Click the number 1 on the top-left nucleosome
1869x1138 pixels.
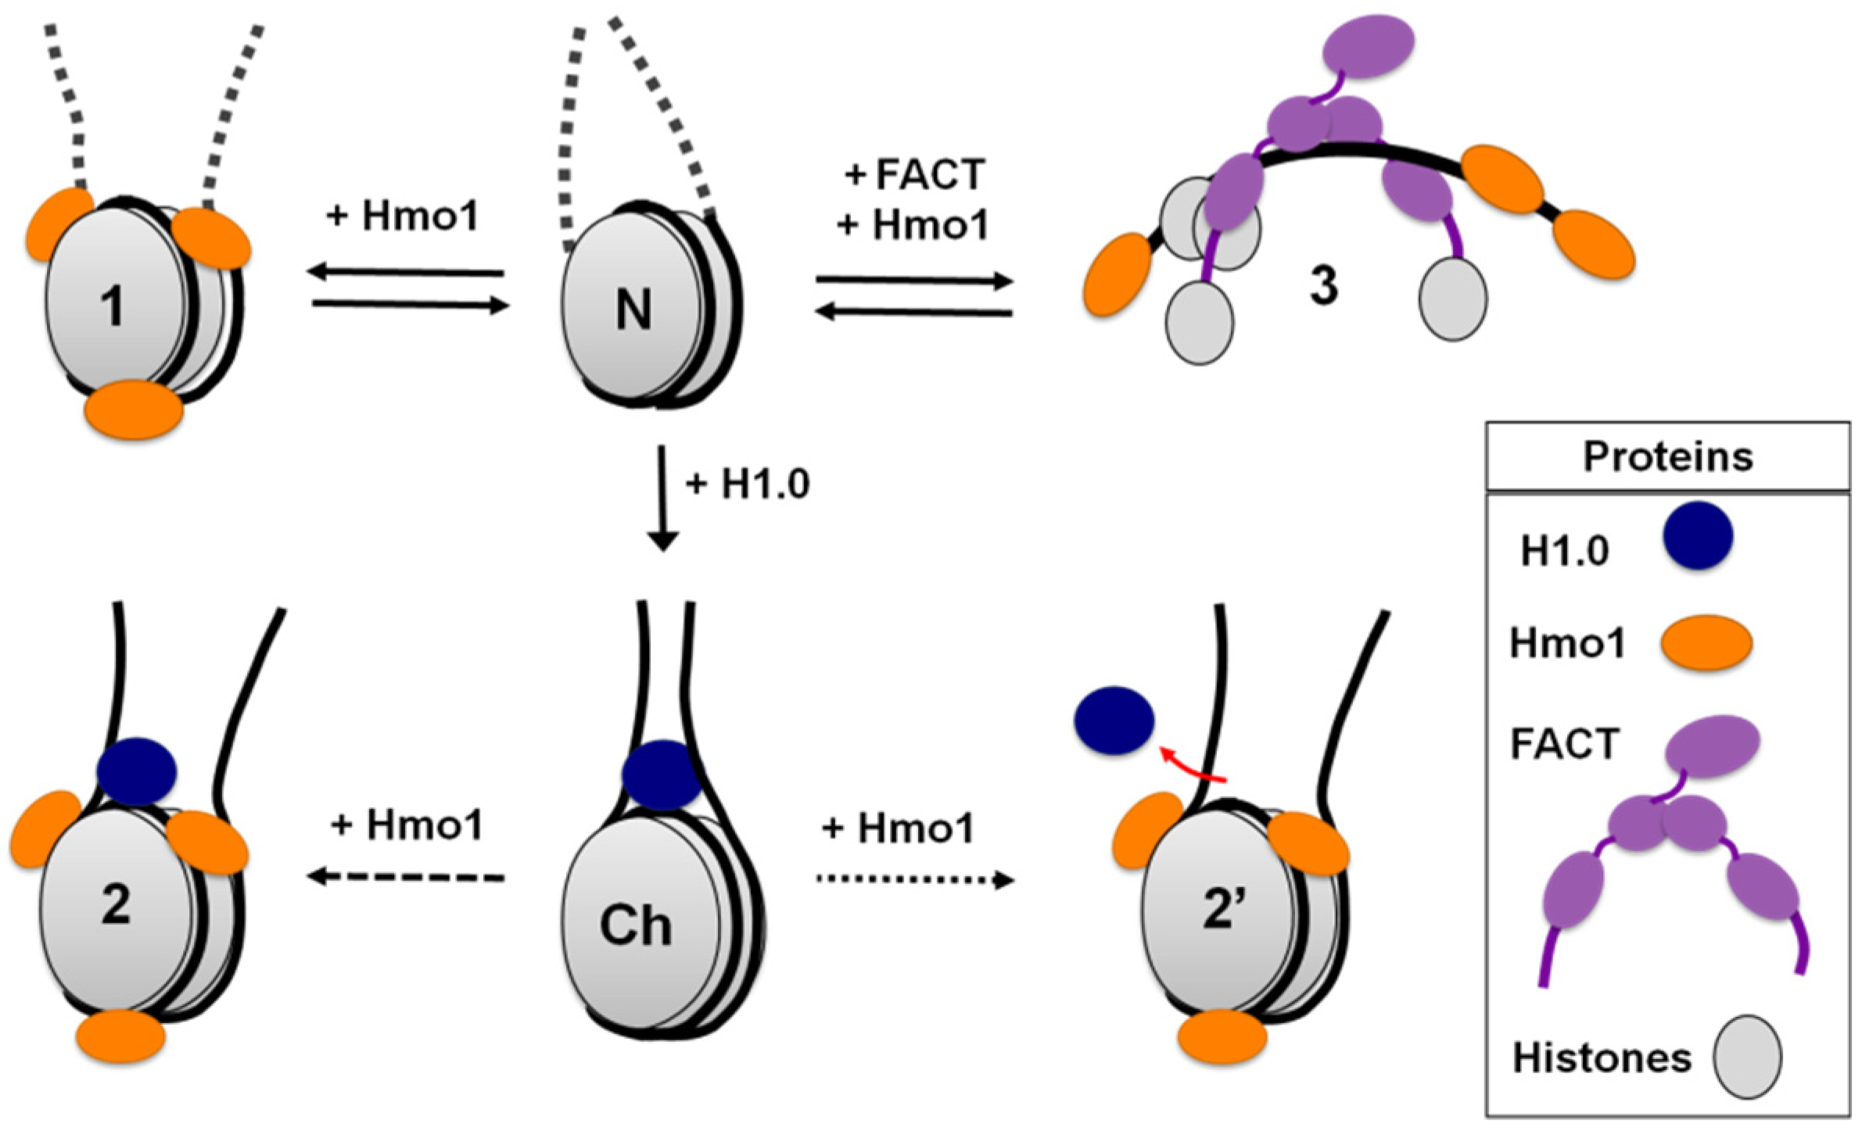[x=113, y=306]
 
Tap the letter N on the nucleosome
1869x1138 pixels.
[x=633, y=310]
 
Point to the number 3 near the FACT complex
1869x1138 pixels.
[x=1323, y=286]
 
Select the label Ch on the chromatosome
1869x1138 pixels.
[x=635, y=926]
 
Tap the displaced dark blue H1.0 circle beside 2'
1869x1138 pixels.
[x=1114, y=721]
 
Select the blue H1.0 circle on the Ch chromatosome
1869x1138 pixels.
[x=662, y=775]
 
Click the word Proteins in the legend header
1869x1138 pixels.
[x=1667, y=457]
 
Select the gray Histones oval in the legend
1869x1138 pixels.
[x=1747, y=1057]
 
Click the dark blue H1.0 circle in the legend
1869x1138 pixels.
[x=1698, y=535]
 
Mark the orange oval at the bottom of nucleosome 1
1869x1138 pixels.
[x=134, y=410]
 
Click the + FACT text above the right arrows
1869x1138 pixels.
[x=915, y=174]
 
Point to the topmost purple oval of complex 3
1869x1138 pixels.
[x=1368, y=46]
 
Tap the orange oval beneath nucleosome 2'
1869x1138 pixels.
[x=1222, y=1037]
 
